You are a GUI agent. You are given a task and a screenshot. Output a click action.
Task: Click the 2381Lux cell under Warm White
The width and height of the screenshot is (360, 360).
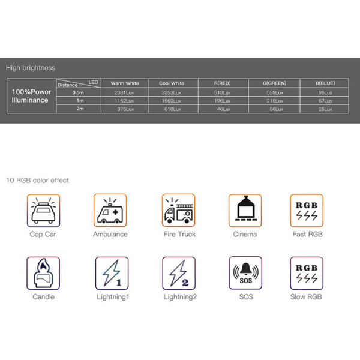[124, 92]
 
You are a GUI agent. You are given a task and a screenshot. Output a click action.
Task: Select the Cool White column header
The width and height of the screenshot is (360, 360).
[172, 83]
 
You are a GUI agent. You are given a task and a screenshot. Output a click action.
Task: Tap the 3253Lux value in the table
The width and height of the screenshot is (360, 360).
[171, 92]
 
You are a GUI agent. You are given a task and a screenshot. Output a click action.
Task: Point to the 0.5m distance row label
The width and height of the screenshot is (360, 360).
[78, 92]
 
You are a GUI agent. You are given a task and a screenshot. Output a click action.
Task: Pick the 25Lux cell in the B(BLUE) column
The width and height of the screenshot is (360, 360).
[325, 109]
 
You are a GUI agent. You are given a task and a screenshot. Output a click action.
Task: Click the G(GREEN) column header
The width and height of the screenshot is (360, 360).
[274, 83]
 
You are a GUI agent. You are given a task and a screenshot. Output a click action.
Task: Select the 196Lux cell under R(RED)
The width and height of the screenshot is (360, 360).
[222, 101]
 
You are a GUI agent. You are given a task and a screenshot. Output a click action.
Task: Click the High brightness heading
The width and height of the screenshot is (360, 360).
[31, 68]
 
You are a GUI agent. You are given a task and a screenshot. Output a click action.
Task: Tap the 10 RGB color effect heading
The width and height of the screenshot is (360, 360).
[37, 180]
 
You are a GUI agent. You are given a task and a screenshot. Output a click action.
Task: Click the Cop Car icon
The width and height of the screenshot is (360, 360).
[43, 211]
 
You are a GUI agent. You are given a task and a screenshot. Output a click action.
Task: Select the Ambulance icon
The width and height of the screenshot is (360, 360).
[110, 211]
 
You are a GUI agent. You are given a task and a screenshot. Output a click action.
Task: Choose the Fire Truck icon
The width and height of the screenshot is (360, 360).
[178, 211]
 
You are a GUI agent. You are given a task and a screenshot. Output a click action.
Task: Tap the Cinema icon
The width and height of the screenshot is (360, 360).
[245, 211]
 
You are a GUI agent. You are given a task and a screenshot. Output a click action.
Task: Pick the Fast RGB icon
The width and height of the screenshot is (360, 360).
[307, 211]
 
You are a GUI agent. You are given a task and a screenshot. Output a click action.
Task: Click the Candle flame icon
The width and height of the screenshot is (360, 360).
[43, 273]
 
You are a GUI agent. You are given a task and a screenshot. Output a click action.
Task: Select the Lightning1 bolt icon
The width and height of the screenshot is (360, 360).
[112, 273]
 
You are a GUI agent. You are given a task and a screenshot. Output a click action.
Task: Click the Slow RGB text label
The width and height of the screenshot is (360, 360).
[306, 297]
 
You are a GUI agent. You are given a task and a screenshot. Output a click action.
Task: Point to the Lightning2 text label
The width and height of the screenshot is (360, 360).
[180, 297]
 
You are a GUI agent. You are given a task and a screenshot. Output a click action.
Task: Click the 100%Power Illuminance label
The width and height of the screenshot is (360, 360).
[31, 96]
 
